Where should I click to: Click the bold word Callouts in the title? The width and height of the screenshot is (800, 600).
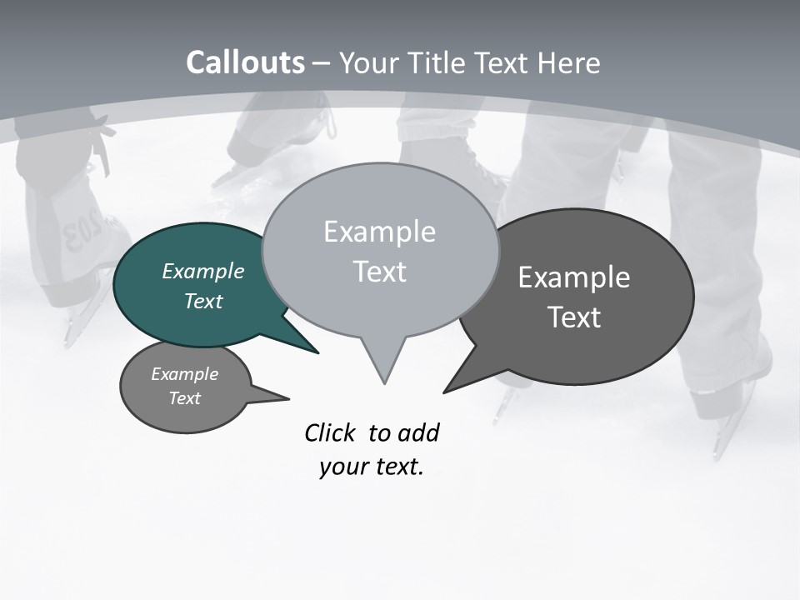point(245,62)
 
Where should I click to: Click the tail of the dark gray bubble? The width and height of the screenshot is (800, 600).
point(462,379)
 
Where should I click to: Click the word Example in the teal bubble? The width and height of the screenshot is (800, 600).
point(202,272)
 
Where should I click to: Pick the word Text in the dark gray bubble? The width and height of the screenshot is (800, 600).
point(574,317)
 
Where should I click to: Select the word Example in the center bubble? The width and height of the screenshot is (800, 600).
point(379,232)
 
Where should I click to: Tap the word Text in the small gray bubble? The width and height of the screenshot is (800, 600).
point(184,398)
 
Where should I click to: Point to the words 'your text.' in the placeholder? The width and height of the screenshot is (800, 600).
point(372,467)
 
